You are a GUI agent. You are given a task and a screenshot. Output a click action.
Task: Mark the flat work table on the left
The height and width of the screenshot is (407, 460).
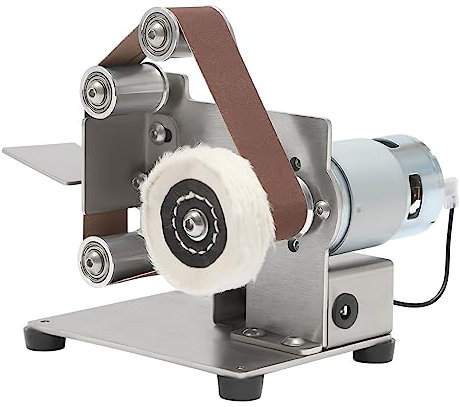[45, 160]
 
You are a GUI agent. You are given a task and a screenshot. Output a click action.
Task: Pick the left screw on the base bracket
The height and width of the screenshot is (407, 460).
[252, 332]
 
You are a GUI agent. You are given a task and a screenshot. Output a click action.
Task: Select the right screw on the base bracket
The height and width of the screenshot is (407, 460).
[291, 341]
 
